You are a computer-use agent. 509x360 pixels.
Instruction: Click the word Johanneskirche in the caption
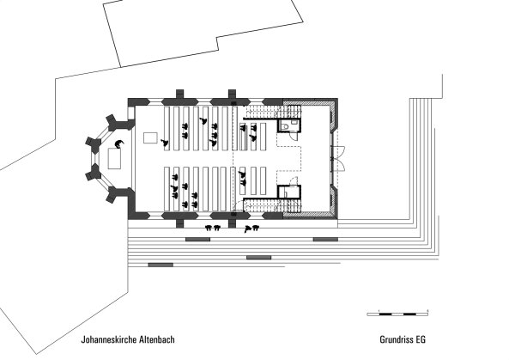109,339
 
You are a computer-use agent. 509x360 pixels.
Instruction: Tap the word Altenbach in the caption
157,339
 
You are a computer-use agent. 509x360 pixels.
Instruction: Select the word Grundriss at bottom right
396,339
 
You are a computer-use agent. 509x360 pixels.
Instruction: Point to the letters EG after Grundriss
421,339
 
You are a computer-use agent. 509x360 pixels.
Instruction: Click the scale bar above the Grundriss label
397,314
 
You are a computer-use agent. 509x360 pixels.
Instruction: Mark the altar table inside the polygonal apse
114,158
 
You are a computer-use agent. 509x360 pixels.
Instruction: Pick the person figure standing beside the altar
119,143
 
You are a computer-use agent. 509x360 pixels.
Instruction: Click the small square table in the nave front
150,137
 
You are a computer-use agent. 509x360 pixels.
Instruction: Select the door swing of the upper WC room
294,136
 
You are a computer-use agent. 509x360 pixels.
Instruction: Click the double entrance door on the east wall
337,159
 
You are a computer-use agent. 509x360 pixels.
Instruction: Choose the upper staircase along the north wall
273,112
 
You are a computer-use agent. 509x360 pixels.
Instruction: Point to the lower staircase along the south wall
273,205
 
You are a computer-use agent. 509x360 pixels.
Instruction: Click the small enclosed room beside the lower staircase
289,192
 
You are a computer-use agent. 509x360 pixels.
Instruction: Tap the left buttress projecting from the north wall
180,94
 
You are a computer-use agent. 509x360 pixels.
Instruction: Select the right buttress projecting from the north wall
232,94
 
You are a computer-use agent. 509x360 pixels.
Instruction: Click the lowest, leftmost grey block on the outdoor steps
161,265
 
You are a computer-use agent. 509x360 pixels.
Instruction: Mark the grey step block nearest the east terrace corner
325,240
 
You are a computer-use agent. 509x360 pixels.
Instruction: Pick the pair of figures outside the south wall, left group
213,228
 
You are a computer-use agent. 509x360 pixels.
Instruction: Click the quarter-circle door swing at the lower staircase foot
239,206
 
